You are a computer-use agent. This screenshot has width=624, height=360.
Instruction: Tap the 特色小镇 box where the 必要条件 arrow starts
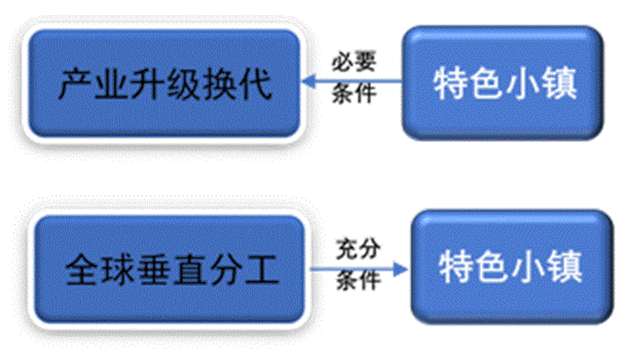(x=503, y=83)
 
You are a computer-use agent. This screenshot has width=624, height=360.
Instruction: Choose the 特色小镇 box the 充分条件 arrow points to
(x=509, y=267)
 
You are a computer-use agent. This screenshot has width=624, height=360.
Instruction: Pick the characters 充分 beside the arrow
(x=359, y=250)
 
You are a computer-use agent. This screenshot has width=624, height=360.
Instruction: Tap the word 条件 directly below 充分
(x=359, y=281)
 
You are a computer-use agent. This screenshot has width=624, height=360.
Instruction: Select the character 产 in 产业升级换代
(x=73, y=84)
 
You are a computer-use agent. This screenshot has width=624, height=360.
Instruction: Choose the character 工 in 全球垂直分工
(x=262, y=270)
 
